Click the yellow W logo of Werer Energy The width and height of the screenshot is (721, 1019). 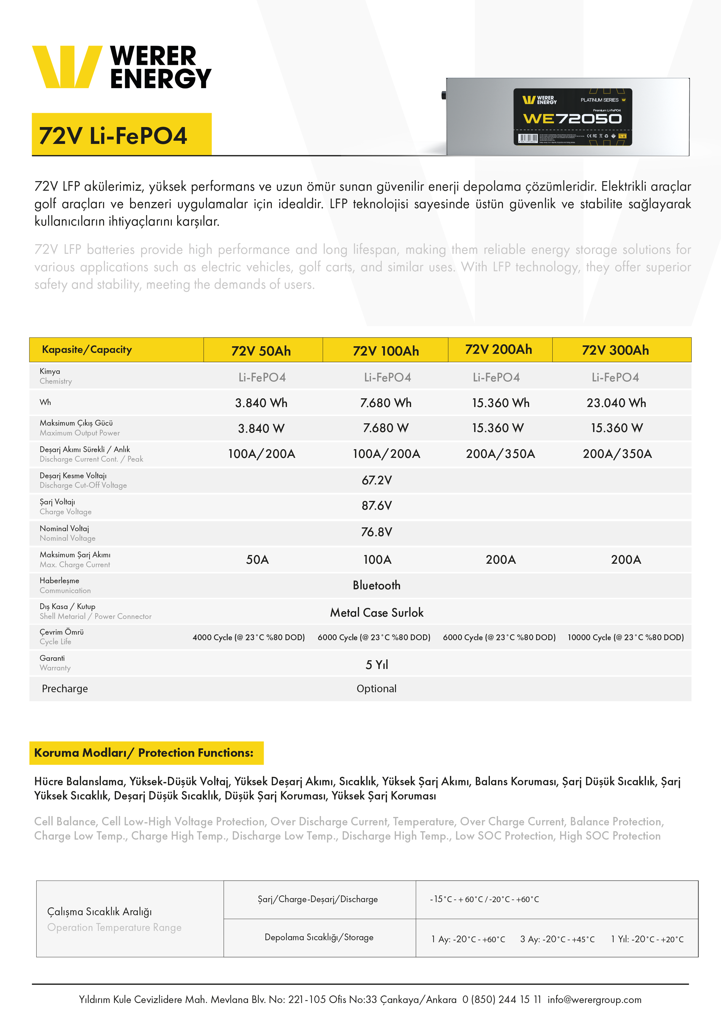click(67, 67)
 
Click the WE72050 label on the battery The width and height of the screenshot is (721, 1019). click(572, 119)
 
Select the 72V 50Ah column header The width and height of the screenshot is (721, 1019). click(261, 351)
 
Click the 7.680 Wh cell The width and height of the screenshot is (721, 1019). click(386, 403)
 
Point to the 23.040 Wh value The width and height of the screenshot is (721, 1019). click(616, 403)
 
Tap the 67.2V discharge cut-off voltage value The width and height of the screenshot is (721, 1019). click(376, 480)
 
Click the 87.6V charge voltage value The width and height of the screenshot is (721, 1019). click(376, 506)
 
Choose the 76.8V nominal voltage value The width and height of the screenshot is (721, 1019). click(376, 532)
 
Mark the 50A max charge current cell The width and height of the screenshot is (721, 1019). click(258, 559)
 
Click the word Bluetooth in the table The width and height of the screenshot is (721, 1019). click(376, 585)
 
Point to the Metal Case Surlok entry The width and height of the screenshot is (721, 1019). click(376, 613)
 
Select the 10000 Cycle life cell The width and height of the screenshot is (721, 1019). click(626, 637)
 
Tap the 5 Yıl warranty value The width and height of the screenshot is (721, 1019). click(376, 665)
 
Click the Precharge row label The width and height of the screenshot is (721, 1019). click(65, 689)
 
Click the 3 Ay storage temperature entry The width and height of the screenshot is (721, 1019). click(557, 939)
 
